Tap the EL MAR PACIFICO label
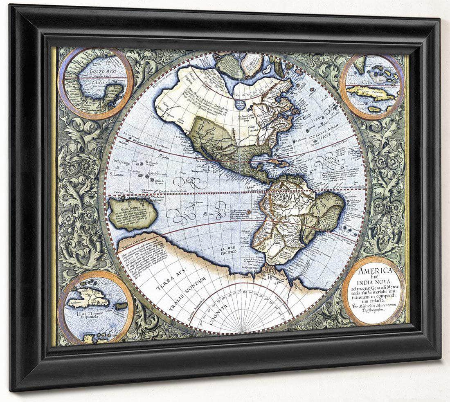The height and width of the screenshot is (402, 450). click(x=229, y=250)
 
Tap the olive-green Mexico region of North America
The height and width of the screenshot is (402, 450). click(x=213, y=135)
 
